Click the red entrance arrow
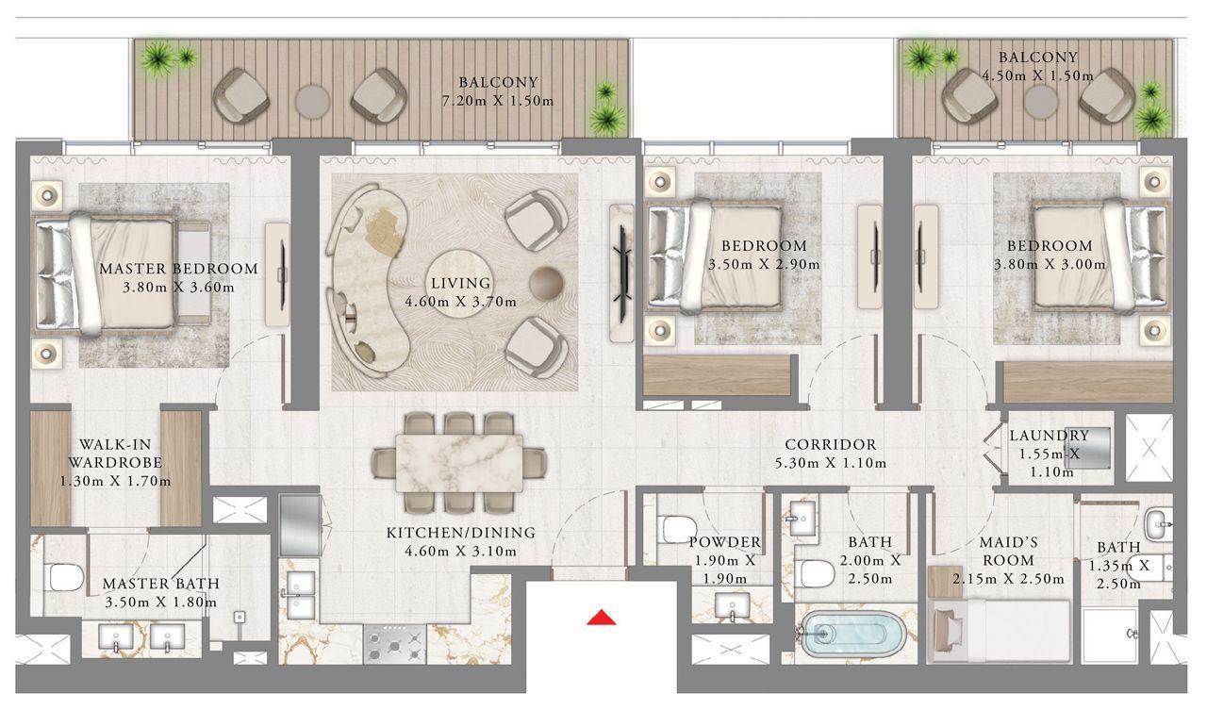pyautogui.click(x=602, y=618)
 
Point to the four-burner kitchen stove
pyautogui.click(x=394, y=644)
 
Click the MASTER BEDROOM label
pyautogui.click(x=178, y=269)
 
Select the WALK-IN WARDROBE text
pyautogui.click(x=115, y=453)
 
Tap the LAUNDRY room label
pyautogui.click(x=1049, y=436)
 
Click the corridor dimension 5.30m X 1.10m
pyautogui.click(x=830, y=463)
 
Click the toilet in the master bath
pyautogui.click(x=64, y=576)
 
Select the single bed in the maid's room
pyautogui.click(x=1000, y=631)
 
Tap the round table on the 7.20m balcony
pyautogui.click(x=311, y=100)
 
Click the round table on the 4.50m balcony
pyautogui.click(x=1041, y=101)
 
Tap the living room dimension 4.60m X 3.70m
pyautogui.click(x=460, y=302)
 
